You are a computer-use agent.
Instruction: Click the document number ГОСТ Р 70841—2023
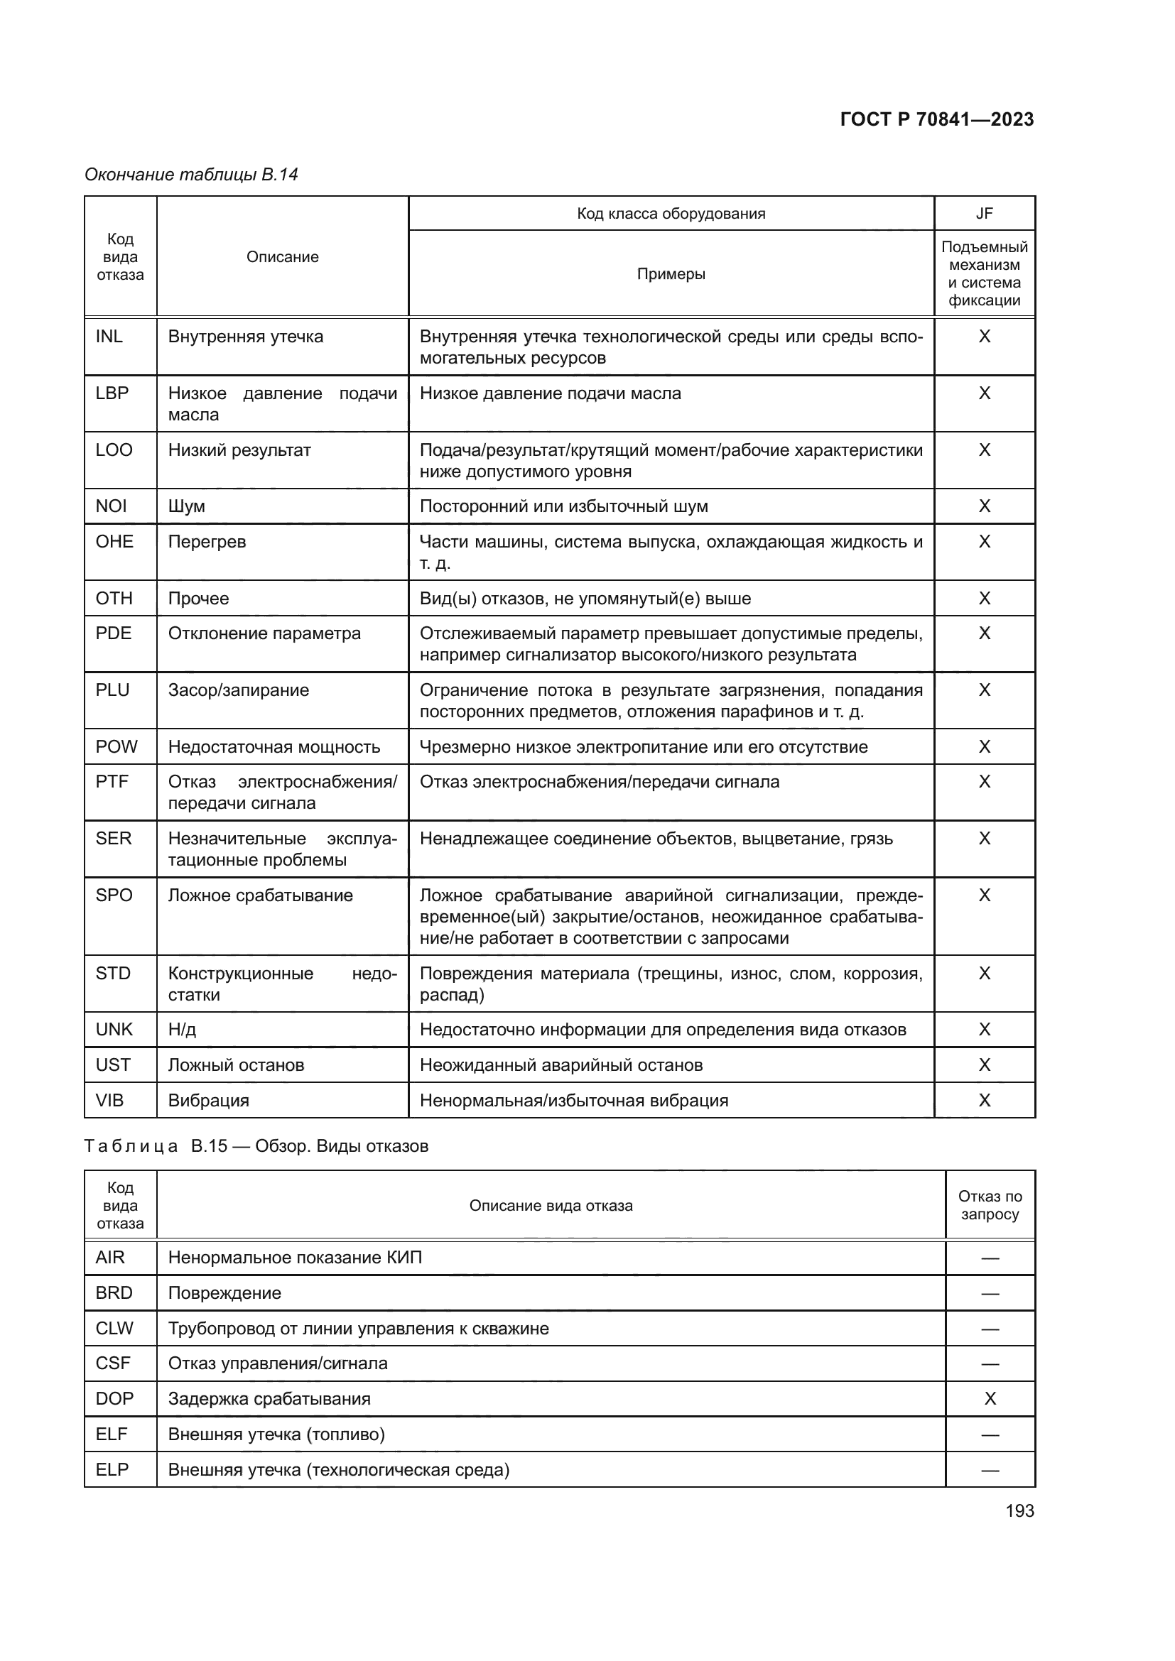pos(936,119)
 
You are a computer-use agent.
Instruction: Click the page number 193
pos(1019,1510)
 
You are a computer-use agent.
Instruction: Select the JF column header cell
pos(984,214)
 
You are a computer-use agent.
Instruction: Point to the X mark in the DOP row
pos(990,1398)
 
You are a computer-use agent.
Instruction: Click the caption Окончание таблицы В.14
pos(191,175)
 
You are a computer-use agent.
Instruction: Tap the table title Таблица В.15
pos(256,1146)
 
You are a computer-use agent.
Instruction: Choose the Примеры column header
pos(671,274)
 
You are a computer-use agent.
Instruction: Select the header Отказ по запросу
pos(990,1205)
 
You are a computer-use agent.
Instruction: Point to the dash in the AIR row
pos(990,1258)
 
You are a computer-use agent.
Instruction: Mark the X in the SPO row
pos(984,895)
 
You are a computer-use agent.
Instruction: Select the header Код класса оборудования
pos(671,214)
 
